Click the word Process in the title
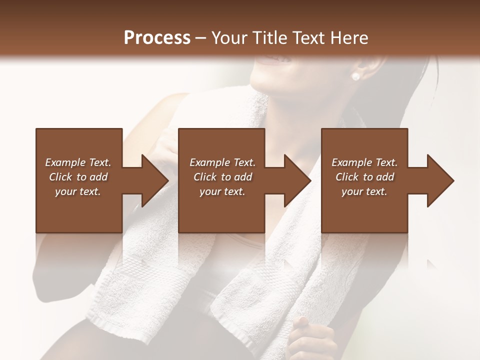(x=157, y=37)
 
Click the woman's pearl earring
(x=355, y=76)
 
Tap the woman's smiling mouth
(x=273, y=61)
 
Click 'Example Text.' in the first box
(x=78, y=162)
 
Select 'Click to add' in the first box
(x=78, y=177)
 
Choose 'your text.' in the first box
(x=78, y=191)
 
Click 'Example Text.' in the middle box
(x=222, y=162)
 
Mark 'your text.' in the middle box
(x=222, y=191)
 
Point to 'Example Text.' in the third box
(x=364, y=162)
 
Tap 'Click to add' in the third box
(x=364, y=177)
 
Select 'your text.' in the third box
(x=364, y=191)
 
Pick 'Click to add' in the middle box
(x=222, y=177)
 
